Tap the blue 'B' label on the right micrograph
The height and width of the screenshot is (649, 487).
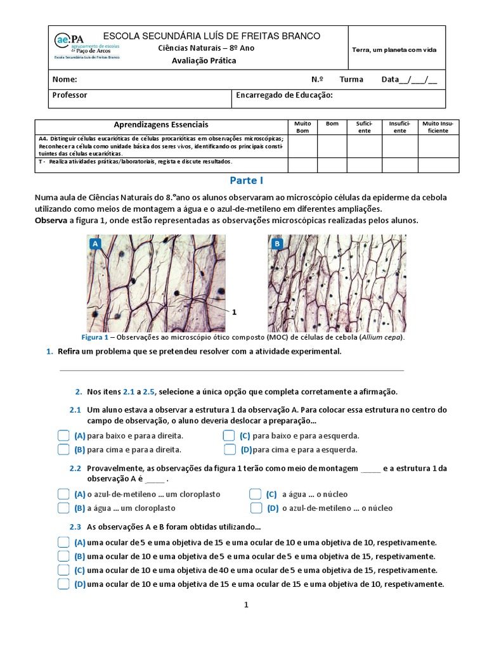pyautogui.click(x=276, y=243)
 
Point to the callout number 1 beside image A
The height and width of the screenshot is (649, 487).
pyautogui.click(x=234, y=312)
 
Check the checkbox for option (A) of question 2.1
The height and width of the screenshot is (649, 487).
pyautogui.click(x=63, y=436)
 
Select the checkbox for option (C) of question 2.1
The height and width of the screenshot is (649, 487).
pyautogui.click(x=229, y=436)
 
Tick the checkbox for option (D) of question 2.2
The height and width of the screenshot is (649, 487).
pyautogui.click(x=256, y=508)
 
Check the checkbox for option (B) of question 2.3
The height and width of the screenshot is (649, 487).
pyautogui.click(x=63, y=556)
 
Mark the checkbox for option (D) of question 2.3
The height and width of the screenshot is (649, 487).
pyautogui.click(x=63, y=584)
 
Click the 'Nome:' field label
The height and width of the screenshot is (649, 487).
pyautogui.click(x=65, y=80)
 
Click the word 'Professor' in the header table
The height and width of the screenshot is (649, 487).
pyautogui.click(x=70, y=95)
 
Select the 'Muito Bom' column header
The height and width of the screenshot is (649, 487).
pyautogui.click(x=302, y=127)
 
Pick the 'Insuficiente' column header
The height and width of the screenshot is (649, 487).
pyautogui.click(x=399, y=127)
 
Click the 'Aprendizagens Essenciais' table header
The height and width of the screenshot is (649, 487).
pyautogui.click(x=160, y=125)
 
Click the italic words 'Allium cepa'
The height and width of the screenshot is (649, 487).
pyautogui.click(x=382, y=338)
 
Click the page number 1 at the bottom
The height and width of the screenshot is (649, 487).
pyautogui.click(x=247, y=605)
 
